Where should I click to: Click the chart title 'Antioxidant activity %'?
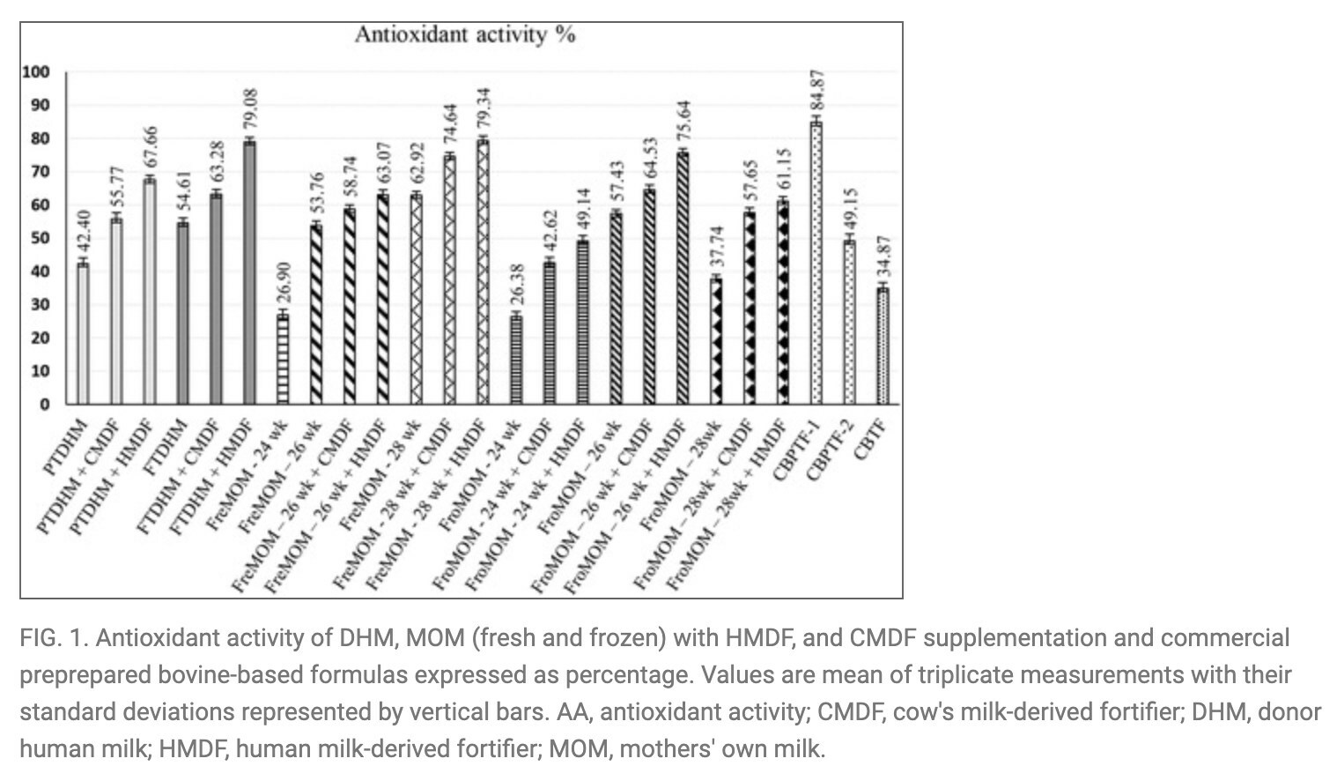point(464,34)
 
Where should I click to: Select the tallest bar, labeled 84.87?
point(816,264)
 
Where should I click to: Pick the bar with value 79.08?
point(250,273)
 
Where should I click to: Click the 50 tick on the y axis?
point(41,238)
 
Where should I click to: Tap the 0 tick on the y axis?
point(44,404)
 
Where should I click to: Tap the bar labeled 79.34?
point(483,272)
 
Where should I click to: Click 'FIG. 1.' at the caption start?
point(51,638)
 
